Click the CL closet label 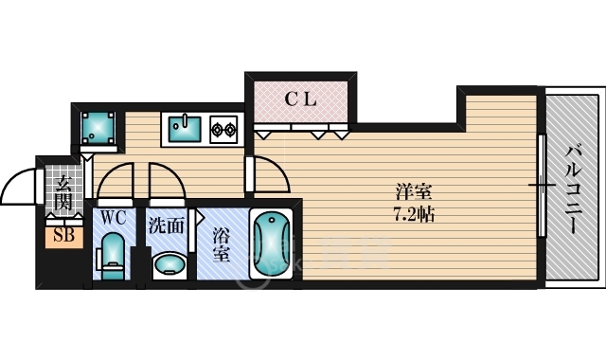[x=301, y=99]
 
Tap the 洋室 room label [x=414, y=192]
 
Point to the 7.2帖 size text [x=414, y=214]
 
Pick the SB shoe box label [x=63, y=235]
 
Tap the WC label [x=114, y=218]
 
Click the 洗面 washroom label [x=167, y=226]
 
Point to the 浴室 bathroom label [x=222, y=244]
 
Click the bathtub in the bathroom [x=272, y=243]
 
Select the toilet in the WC [x=112, y=256]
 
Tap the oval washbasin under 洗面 [x=169, y=265]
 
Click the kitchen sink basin [x=185, y=129]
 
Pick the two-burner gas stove [x=223, y=130]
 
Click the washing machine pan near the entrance [x=98, y=128]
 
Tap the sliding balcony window [x=542, y=186]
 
